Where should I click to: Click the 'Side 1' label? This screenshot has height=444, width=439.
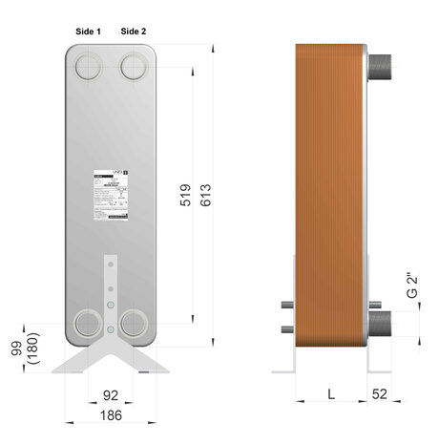(x=89, y=31)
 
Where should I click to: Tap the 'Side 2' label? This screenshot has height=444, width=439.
(x=134, y=31)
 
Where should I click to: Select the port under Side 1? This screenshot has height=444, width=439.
(x=90, y=66)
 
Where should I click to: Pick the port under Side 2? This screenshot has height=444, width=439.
(x=135, y=66)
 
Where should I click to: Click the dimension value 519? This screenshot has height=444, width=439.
(x=186, y=195)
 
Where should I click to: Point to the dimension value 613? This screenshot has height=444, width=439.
(x=205, y=195)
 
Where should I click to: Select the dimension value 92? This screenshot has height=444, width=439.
(x=112, y=393)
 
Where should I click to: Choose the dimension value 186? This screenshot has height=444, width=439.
(x=112, y=415)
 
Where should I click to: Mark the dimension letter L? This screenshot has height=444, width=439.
(x=330, y=393)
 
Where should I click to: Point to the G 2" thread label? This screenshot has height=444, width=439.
(x=412, y=286)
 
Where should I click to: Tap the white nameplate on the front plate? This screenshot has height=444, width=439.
(x=111, y=198)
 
